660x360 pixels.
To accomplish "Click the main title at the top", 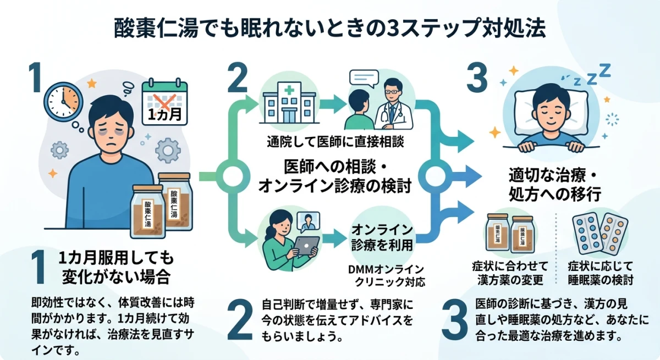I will (330, 29).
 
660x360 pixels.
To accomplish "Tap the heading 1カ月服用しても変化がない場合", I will (115, 265).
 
